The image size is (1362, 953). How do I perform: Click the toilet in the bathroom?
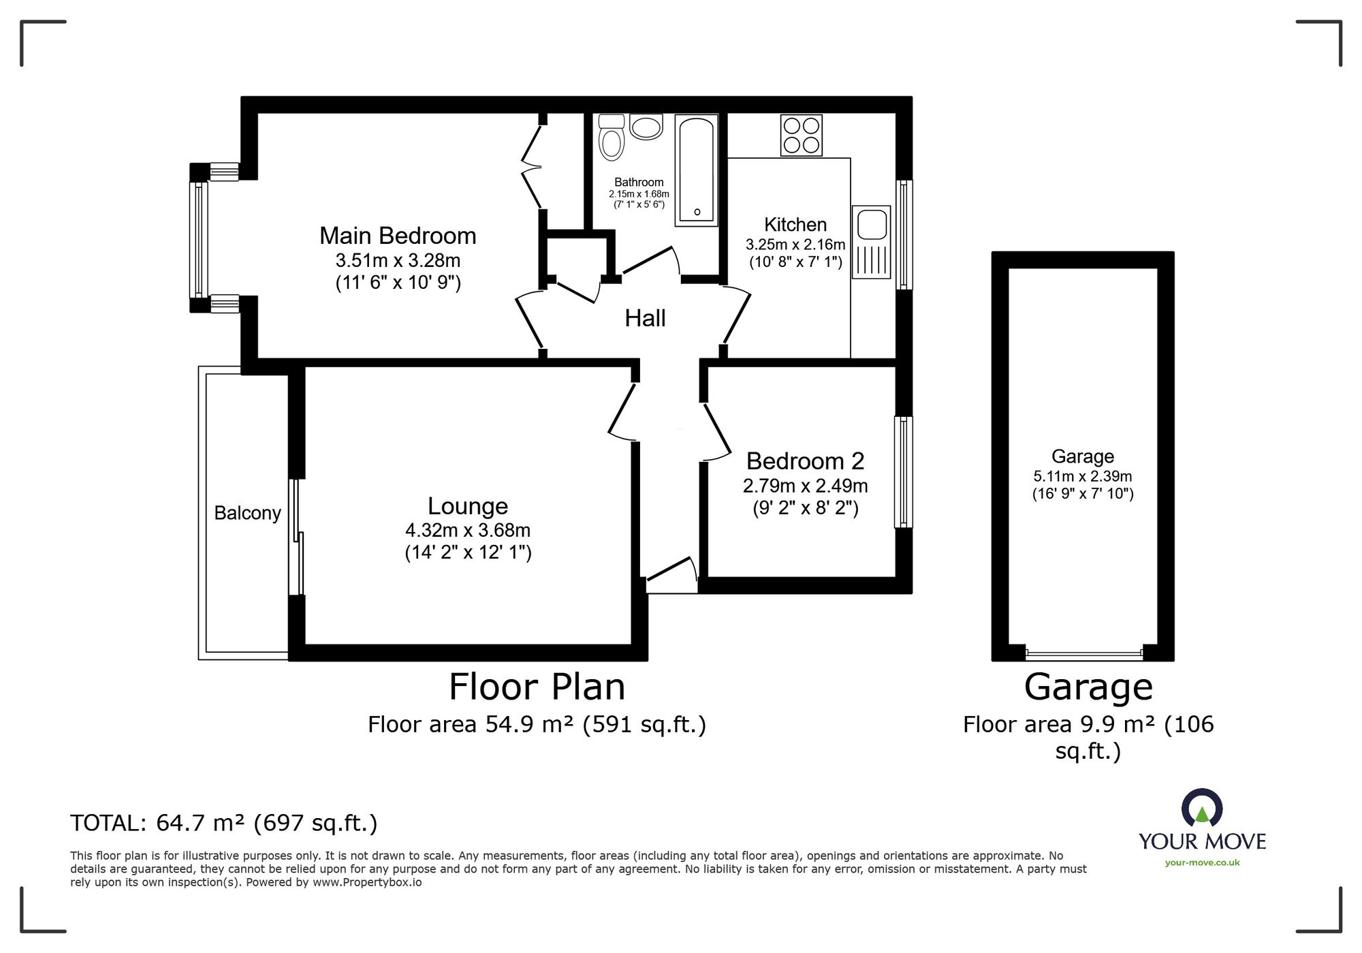[x=611, y=138]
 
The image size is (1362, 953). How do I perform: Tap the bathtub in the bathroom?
[x=696, y=170]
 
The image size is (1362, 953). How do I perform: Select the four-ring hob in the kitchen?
[x=801, y=135]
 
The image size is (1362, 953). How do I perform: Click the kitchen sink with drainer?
[x=871, y=242]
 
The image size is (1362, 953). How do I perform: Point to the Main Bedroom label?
[x=398, y=236]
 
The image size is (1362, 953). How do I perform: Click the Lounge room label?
[x=468, y=506]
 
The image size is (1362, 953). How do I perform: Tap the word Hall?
[x=645, y=318]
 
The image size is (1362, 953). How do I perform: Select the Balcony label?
[x=247, y=513]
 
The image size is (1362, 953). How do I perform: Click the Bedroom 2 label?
[x=805, y=461]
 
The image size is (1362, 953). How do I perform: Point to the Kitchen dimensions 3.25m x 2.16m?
[x=795, y=245]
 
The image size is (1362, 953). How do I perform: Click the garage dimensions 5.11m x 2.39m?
[x=1083, y=477]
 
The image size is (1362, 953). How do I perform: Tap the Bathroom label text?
[x=639, y=182]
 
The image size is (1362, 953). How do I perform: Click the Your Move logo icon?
[x=1202, y=809]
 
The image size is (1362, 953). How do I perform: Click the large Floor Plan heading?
[x=537, y=687]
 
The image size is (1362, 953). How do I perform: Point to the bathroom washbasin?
[x=646, y=127]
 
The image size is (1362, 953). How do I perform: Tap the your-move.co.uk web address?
[x=1202, y=862]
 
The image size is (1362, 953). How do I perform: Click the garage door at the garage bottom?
[x=1083, y=654]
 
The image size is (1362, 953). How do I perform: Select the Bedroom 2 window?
[x=904, y=471]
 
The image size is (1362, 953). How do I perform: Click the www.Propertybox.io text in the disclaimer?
[x=367, y=883]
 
